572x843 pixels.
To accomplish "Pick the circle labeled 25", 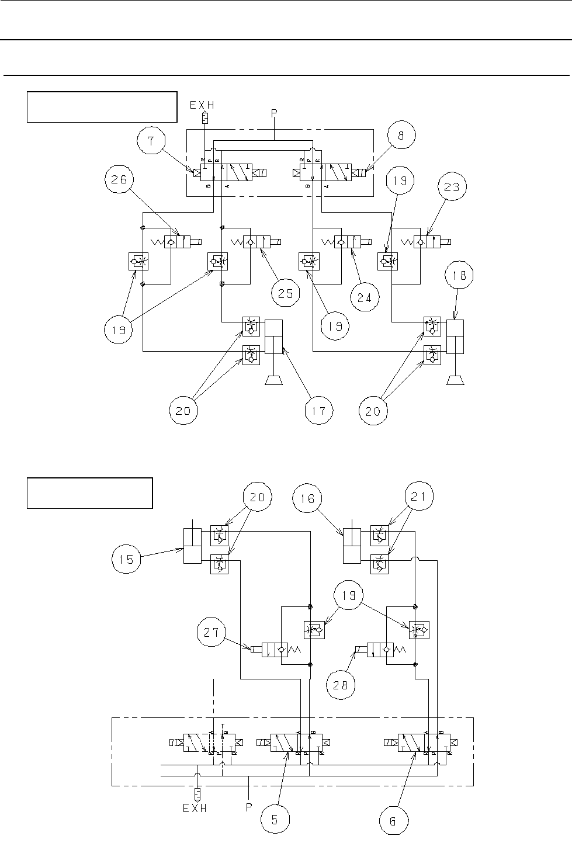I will (285, 293).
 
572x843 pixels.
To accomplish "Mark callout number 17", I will (318, 411).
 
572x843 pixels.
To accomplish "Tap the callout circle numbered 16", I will (307, 498).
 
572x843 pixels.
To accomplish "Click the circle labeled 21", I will (419, 498).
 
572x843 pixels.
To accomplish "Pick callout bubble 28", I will (340, 685).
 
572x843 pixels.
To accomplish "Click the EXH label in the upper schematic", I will (202, 106).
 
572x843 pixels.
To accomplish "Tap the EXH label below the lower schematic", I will (195, 809).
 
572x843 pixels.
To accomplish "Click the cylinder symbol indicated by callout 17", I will (273, 336).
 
